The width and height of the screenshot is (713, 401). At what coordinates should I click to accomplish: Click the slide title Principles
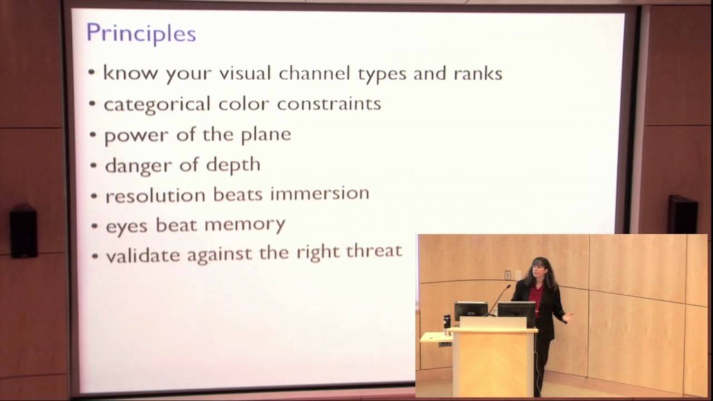pyautogui.click(x=141, y=33)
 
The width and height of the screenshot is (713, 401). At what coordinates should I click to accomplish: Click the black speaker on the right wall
pyautogui.click(x=683, y=214)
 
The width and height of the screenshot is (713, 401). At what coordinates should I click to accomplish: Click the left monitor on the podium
pyautogui.click(x=471, y=311)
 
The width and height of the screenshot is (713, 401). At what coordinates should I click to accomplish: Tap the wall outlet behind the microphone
pyautogui.click(x=507, y=275)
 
